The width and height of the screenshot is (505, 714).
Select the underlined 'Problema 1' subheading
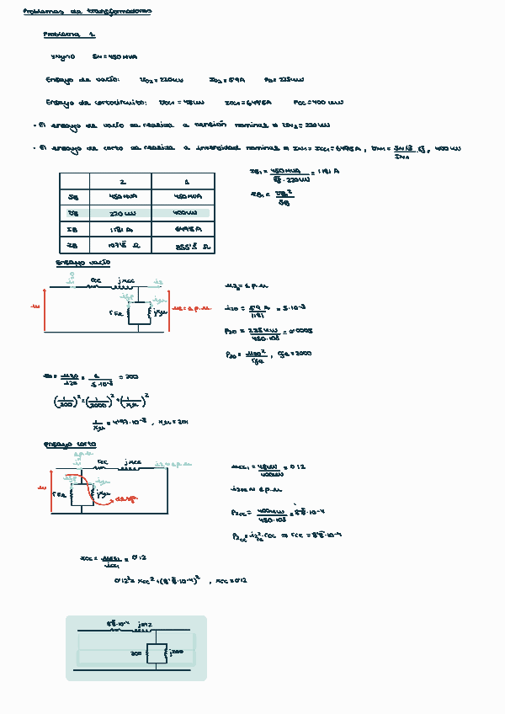(x=70, y=35)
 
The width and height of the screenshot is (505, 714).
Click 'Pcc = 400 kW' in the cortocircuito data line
(x=318, y=103)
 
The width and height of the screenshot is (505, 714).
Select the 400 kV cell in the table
(x=183, y=214)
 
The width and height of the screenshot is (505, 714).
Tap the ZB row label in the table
(x=72, y=245)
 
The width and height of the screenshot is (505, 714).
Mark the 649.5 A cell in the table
(x=183, y=229)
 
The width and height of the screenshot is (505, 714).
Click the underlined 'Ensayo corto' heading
(x=70, y=444)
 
